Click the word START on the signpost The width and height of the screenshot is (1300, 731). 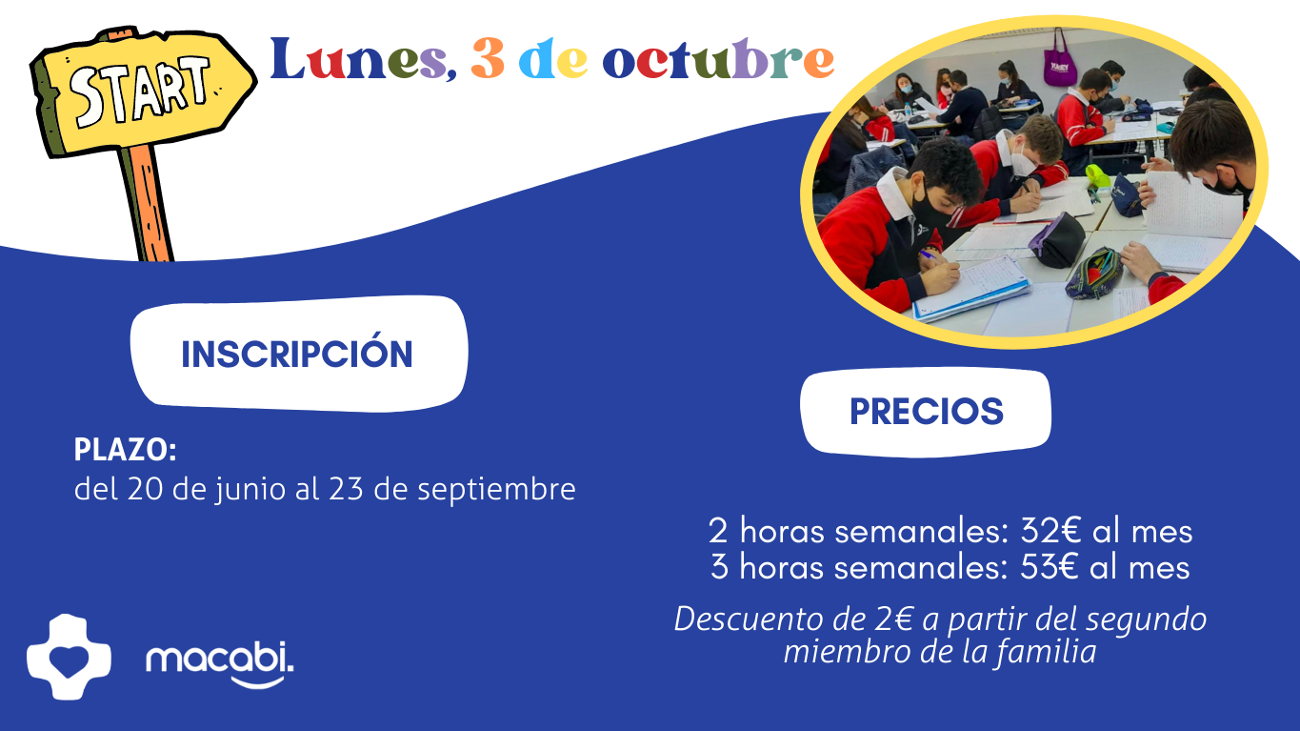(139, 90)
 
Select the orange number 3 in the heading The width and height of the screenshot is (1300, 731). (488, 58)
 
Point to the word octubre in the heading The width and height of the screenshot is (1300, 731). (718, 58)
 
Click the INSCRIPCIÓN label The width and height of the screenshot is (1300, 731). (297, 355)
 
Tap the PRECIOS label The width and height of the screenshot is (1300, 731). (927, 412)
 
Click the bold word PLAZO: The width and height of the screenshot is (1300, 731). (126, 450)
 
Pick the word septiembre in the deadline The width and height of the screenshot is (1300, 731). (496, 489)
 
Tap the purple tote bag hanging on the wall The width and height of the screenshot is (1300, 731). (1059, 60)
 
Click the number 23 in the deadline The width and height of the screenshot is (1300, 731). (347, 489)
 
